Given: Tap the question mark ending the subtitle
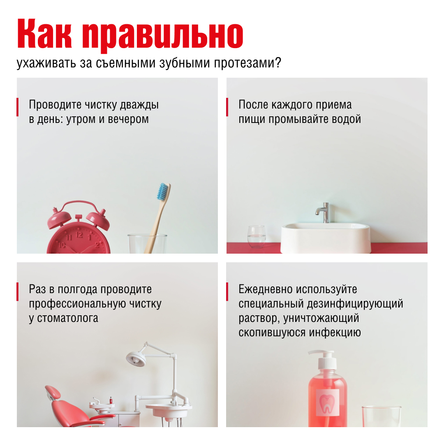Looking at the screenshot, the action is tap(278, 62).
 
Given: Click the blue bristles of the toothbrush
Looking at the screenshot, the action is tap(163, 192).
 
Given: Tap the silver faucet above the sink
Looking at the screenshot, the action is tap(323, 213).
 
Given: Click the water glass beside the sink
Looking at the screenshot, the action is tap(257, 237).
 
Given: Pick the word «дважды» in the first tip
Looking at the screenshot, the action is tap(139, 105).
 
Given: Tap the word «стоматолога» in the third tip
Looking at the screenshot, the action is tap(67, 318).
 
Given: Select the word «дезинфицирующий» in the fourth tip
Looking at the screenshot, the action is tap(355, 304).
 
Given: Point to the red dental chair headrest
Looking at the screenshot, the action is tap(53, 392).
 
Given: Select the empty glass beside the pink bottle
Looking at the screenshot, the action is tap(382, 416).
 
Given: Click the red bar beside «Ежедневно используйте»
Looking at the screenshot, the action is tap(227, 291).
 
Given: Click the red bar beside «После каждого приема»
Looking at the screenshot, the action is tap(227, 107).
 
